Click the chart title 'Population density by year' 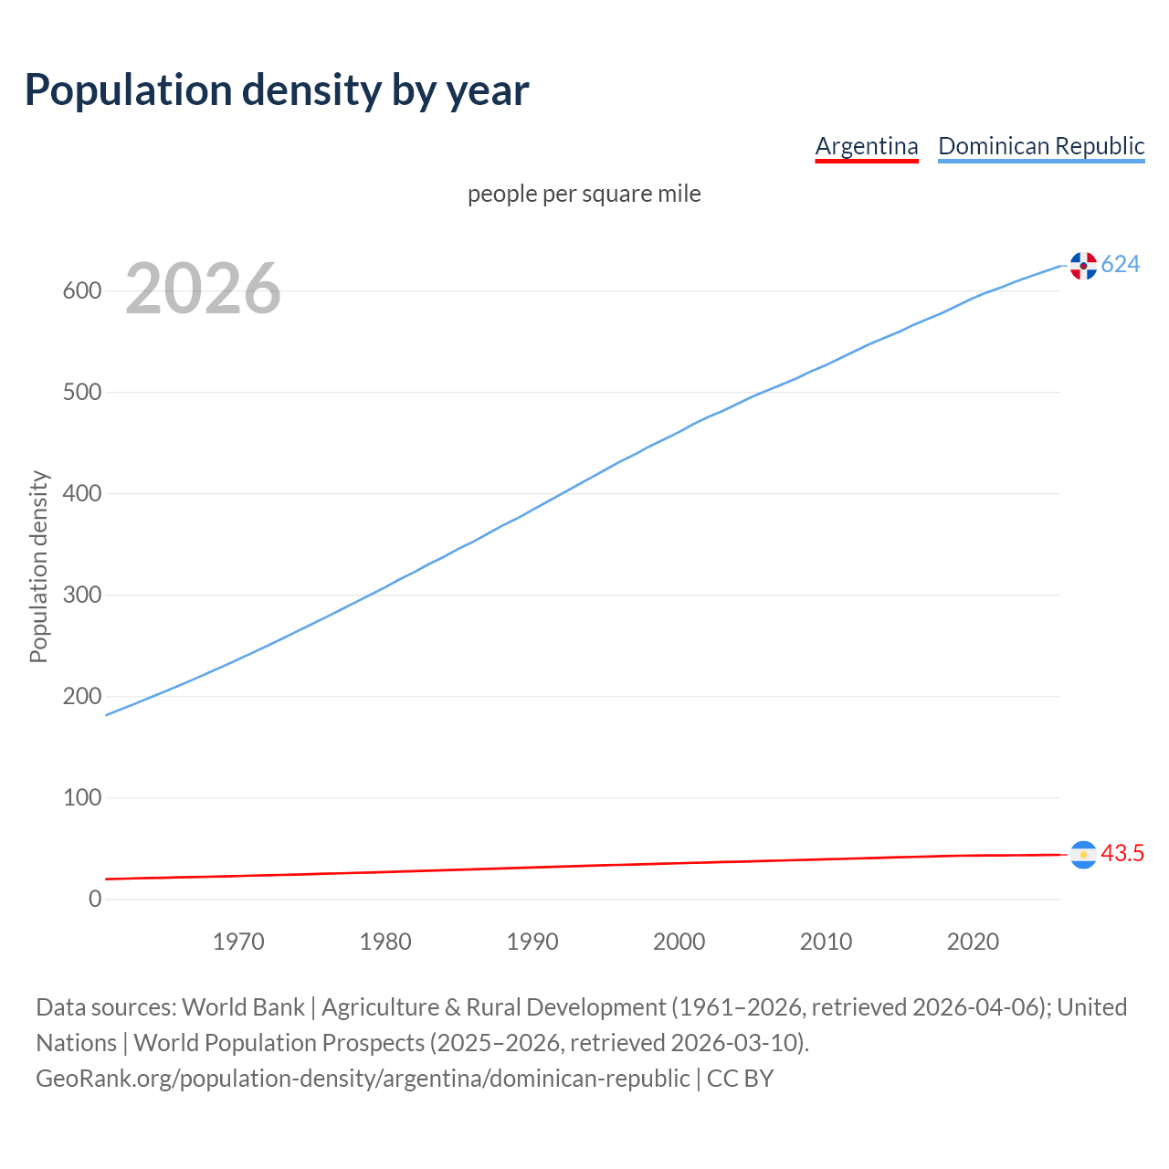277,90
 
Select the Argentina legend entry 866,146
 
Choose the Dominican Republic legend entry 1041,146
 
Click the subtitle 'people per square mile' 584,195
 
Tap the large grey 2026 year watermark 203,290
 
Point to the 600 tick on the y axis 82,291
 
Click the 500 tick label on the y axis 82,393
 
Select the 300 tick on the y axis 82,595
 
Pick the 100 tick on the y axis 82,798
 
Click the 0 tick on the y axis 95,900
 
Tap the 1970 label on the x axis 238,942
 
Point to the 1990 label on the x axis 532,942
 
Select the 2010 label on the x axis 826,942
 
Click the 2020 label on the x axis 973,942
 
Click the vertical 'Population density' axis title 38,566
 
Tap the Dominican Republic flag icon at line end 1083,266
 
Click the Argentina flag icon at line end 1083,855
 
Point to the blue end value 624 1121,265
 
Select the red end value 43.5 1122,854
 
